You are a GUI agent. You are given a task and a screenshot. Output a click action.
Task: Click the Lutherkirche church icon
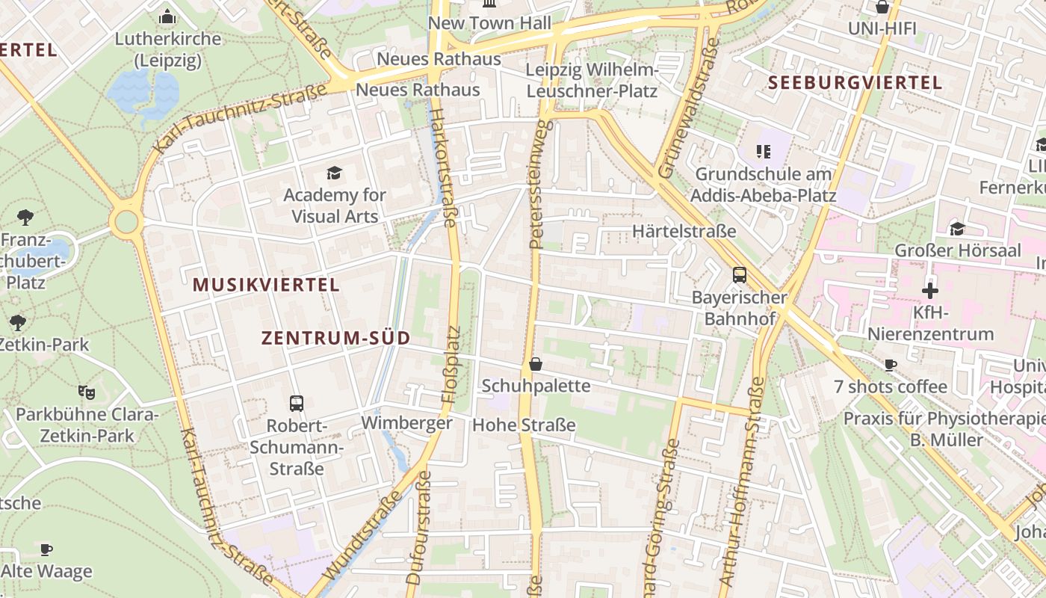(167, 16)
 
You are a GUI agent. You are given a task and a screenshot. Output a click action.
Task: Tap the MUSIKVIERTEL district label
(266, 285)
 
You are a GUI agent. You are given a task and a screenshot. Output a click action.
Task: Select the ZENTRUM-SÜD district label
(336, 338)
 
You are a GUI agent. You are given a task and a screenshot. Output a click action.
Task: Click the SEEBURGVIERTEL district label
(855, 83)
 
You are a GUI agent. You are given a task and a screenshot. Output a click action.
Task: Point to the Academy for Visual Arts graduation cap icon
(334, 173)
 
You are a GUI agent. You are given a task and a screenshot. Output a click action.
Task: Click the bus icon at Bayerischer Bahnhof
(739, 274)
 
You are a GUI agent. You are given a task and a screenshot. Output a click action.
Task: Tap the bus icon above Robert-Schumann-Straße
(297, 404)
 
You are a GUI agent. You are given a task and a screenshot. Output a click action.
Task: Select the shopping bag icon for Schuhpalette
(536, 364)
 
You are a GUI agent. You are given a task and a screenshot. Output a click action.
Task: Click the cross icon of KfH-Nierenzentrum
(929, 290)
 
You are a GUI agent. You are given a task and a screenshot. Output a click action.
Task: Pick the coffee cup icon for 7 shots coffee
(890, 365)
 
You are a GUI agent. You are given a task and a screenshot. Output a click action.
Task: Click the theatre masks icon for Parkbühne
(87, 392)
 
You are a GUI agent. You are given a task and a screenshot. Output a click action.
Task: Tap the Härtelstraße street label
(684, 232)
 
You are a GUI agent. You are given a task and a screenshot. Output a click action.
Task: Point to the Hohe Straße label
(524, 425)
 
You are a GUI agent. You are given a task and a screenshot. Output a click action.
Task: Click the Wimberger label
(406, 423)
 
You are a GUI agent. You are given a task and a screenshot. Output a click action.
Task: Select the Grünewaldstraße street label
(688, 108)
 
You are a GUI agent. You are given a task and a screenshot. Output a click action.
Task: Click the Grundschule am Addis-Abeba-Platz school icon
(763, 152)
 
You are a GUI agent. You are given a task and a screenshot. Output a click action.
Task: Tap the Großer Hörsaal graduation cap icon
(957, 229)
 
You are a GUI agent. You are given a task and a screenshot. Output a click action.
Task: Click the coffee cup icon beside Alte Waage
(46, 549)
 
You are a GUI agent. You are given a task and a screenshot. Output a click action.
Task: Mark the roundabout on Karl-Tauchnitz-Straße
(126, 221)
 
